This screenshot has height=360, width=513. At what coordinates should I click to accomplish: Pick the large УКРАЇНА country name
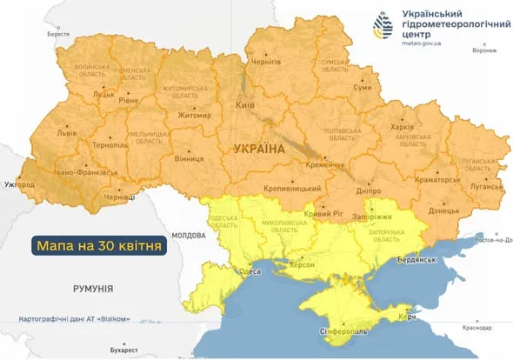[x=259, y=150]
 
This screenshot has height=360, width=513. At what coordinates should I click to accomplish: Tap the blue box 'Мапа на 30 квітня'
[x=99, y=245]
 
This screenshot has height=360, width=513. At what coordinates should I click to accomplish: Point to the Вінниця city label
[x=189, y=159]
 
